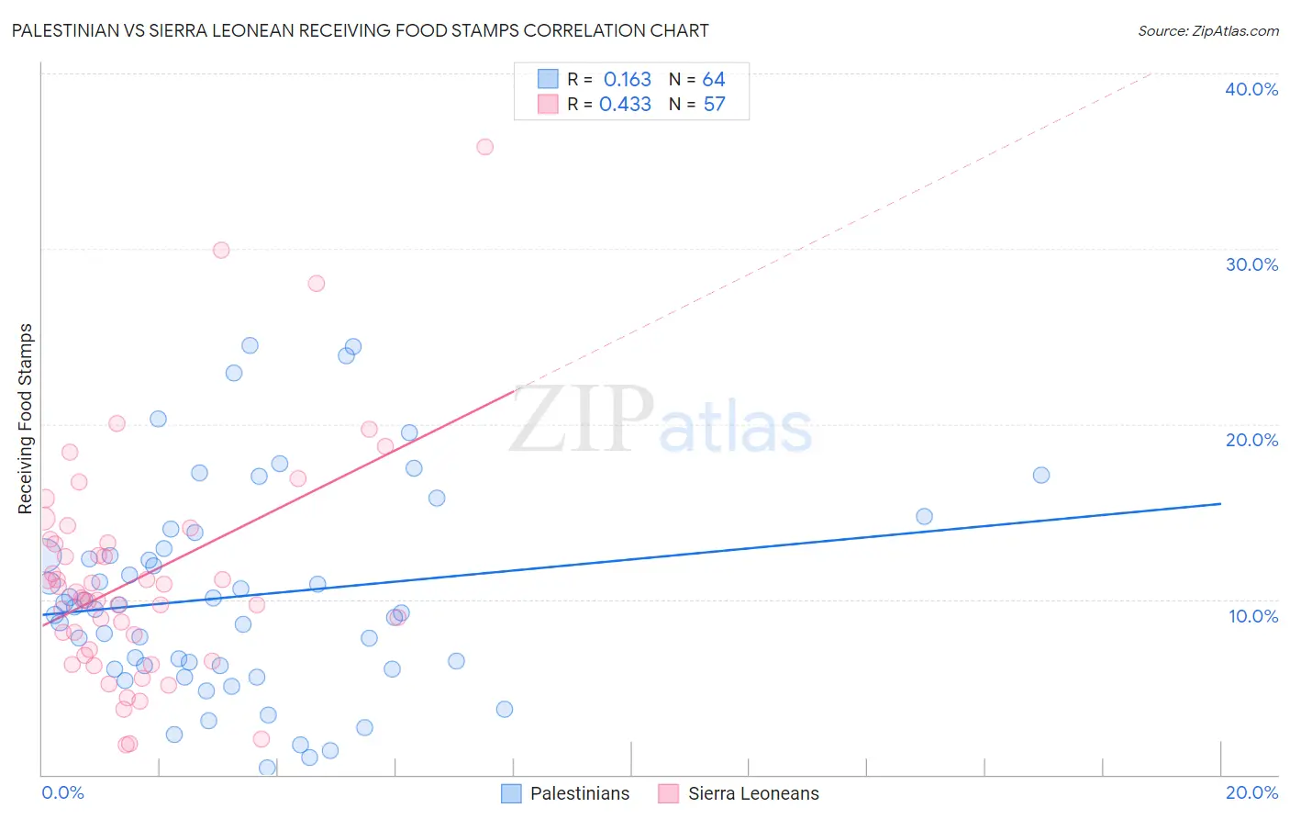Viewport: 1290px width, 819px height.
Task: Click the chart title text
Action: (360, 30)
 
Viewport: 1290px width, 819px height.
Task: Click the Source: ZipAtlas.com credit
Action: (1207, 31)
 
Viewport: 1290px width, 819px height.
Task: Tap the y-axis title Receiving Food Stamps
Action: (26, 418)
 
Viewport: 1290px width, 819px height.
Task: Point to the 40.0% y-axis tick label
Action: (1251, 89)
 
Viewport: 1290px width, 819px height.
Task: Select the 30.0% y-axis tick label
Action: (1251, 264)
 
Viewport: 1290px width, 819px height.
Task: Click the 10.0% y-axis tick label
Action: (1252, 616)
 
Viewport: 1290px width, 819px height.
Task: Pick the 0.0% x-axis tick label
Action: (62, 792)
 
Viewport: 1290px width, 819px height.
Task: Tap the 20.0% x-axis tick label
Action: (1251, 792)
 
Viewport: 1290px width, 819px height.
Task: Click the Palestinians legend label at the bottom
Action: (580, 793)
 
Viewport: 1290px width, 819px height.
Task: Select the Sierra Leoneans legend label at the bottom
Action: (753, 793)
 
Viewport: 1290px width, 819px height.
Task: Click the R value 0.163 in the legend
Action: (627, 80)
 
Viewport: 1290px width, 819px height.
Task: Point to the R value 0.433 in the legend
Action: (625, 105)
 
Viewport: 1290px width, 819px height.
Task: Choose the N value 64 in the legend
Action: (714, 80)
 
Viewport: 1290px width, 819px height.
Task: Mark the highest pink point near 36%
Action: (484, 147)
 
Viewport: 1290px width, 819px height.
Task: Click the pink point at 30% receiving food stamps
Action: (221, 250)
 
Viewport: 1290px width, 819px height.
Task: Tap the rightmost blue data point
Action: (1041, 475)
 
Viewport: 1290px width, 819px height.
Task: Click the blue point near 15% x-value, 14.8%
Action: (924, 516)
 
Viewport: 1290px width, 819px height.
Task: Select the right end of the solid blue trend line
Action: (1220, 503)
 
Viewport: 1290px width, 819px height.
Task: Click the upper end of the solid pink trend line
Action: (514, 391)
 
